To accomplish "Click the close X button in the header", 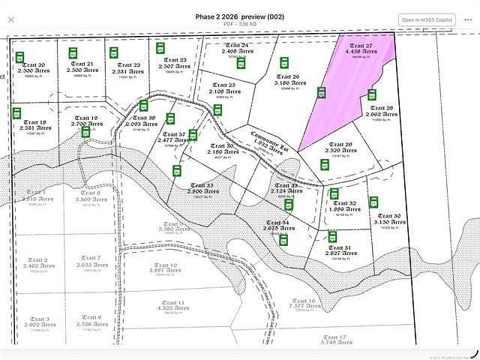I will (x=10, y=19).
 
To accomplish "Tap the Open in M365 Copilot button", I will (x=426, y=19).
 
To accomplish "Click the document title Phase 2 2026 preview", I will (x=239, y=15).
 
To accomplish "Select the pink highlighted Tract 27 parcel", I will (x=352, y=82).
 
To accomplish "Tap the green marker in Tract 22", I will (x=114, y=53).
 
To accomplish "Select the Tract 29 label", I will (x=339, y=144).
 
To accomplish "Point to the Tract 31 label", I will (x=339, y=247).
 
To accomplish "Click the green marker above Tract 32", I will (x=334, y=193).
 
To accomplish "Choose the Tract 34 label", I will (x=274, y=223).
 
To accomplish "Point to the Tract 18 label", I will (x=34, y=121).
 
